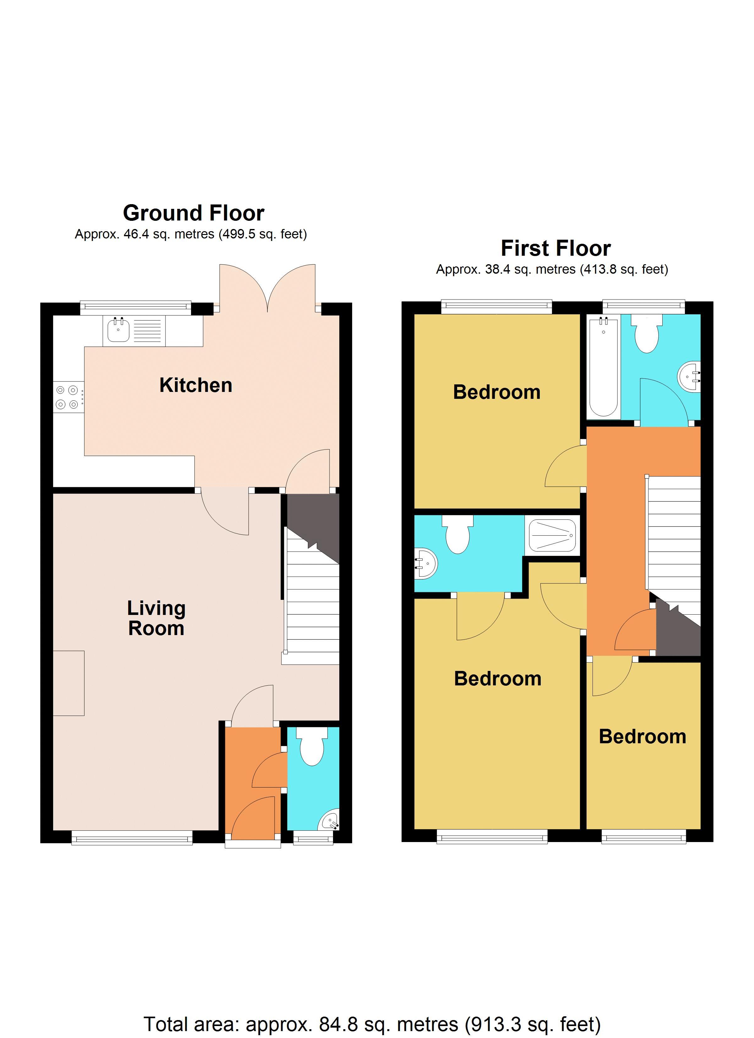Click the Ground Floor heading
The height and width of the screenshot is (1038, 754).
pos(194,213)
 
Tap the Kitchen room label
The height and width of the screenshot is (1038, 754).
pos(196,385)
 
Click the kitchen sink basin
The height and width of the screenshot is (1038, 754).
pos(118,330)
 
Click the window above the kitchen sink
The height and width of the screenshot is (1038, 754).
pos(135,307)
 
